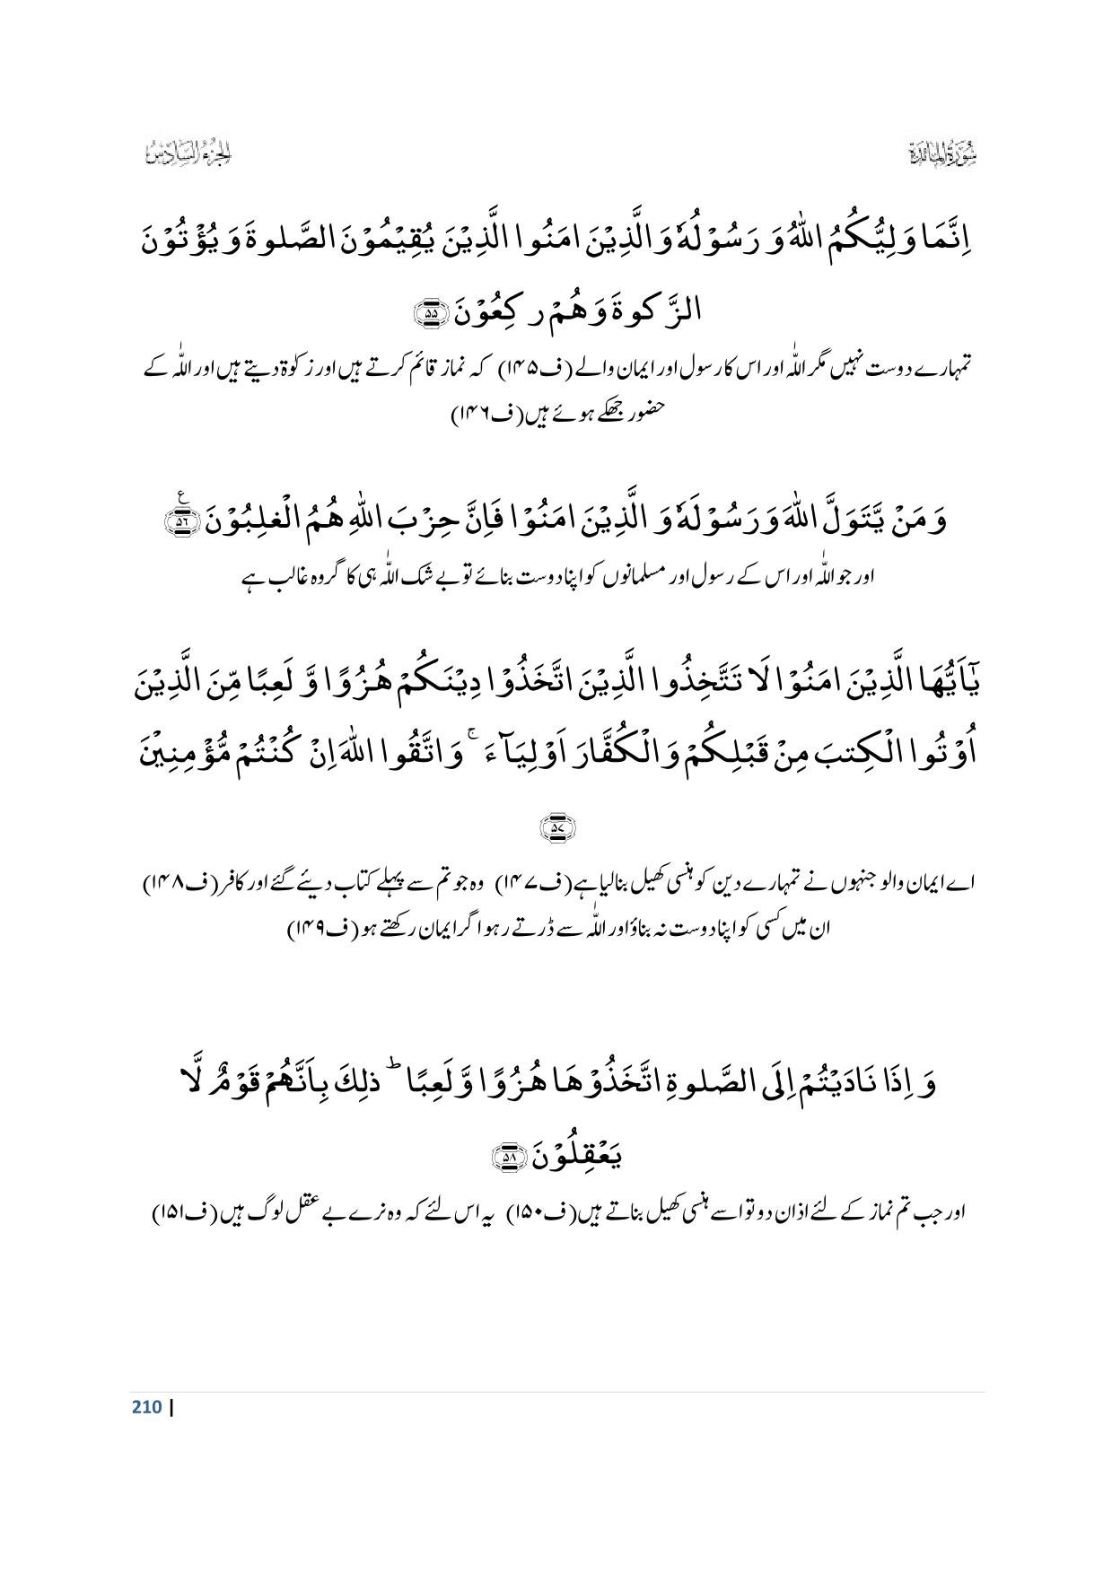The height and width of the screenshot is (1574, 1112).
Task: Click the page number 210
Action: pos(145,1406)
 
